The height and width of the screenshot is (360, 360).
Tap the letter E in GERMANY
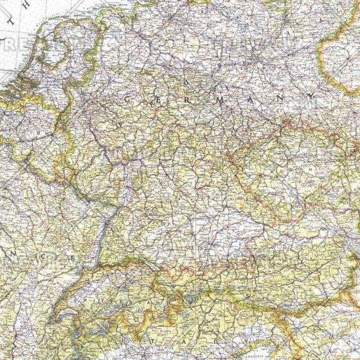click(x=156, y=101)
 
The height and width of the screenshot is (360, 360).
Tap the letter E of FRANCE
click(x=74, y=260)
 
